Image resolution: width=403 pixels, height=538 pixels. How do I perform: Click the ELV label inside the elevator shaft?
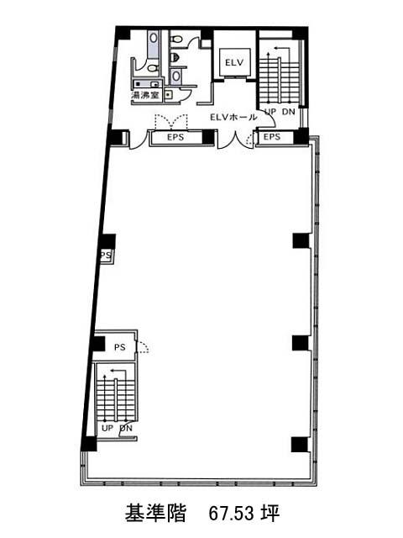(x=234, y=62)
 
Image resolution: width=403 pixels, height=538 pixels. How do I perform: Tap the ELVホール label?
(x=233, y=118)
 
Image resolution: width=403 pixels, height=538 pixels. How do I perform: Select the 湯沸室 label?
(x=145, y=95)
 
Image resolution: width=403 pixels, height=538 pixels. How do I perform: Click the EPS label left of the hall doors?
(x=175, y=137)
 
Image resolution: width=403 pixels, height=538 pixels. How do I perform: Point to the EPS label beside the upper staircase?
(x=272, y=136)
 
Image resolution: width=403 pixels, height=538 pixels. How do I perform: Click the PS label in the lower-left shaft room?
(x=119, y=347)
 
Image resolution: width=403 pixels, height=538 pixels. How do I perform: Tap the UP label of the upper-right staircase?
(x=270, y=112)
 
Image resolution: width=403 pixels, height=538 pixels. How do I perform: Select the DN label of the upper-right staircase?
(x=289, y=112)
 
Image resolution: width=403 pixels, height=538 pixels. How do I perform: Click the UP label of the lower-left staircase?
(x=107, y=428)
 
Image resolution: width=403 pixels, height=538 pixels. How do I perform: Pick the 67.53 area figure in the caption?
(x=232, y=514)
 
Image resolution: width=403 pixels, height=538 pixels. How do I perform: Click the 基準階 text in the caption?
(x=155, y=514)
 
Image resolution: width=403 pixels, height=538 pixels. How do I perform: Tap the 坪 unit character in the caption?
(x=270, y=514)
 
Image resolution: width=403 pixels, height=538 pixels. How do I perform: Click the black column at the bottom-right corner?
(x=300, y=445)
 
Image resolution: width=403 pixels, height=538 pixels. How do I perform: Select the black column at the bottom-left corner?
(x=89, y=443)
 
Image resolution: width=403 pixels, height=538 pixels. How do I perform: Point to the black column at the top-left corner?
(x=123, y=34)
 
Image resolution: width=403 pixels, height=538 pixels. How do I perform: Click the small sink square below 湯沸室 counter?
(x=168, y=94)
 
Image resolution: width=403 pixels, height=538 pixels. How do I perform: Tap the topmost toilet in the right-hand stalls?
(x=175, y=40)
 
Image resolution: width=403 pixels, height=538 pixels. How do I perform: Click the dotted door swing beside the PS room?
(x=144, y=346)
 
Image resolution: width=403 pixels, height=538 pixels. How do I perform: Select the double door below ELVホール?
(x=235, y=140)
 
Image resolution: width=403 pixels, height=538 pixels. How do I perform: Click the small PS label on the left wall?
(x=107, y=255)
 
